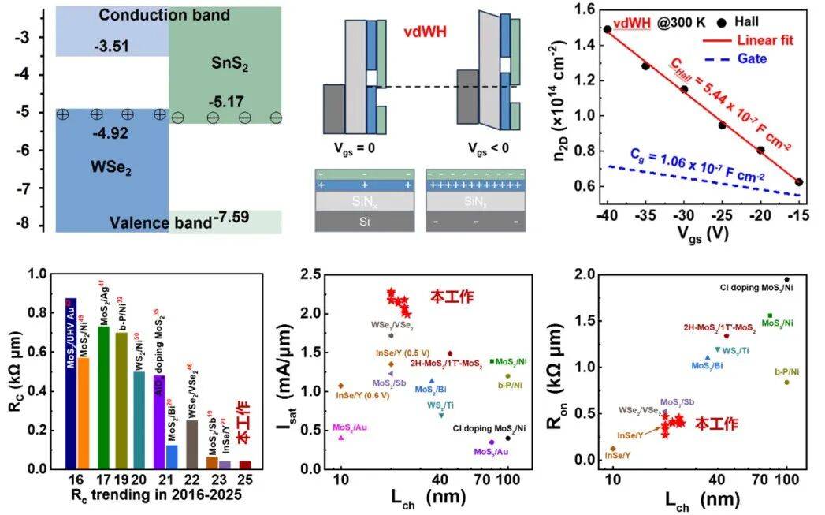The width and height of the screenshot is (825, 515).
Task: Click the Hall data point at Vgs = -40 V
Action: point(608,29)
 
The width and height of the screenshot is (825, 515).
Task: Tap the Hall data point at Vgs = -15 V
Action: point(799,181)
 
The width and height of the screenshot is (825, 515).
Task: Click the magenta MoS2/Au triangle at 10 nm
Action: point(340,437)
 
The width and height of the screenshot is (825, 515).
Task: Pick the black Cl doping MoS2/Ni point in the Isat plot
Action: point(507,438)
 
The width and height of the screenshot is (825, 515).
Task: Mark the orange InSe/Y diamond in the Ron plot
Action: point(613,449)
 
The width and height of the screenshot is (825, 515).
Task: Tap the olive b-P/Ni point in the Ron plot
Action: point(786,383)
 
